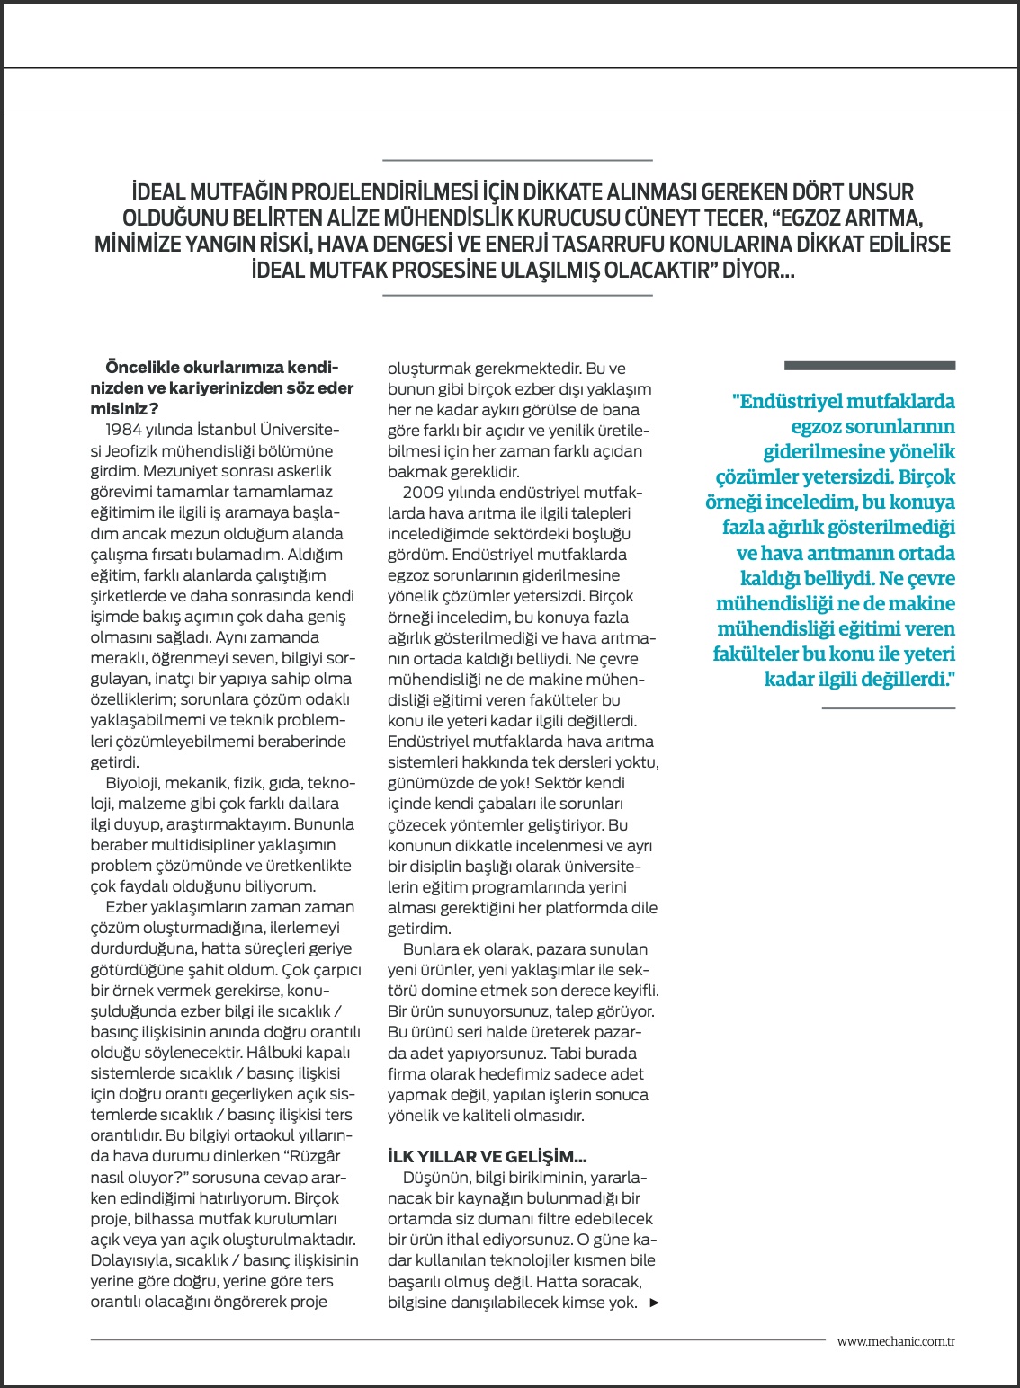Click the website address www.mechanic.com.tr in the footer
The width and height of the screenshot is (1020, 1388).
(895, 1341)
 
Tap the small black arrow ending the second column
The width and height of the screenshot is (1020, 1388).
(654, 1303)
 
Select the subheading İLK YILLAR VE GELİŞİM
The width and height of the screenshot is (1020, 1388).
(487, 1157)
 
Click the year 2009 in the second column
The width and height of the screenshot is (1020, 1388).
(422, 493)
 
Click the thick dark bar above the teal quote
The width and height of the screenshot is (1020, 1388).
(869, 366)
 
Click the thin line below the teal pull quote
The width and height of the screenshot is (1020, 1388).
(888, 708)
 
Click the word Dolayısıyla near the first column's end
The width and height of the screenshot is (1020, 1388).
(130, 1260)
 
